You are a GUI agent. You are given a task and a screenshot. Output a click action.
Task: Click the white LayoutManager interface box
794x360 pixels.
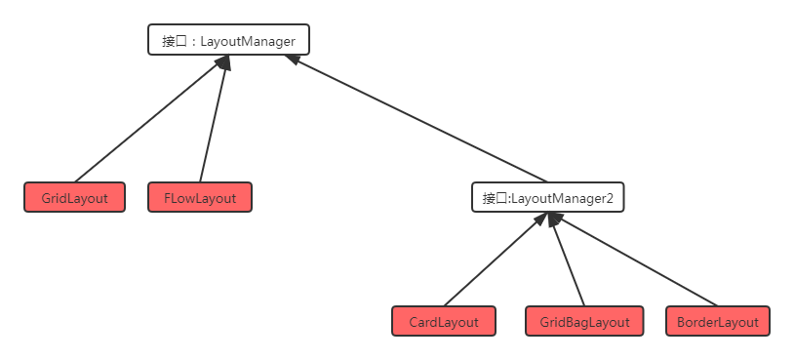pyautogui.click(x=229, y=40)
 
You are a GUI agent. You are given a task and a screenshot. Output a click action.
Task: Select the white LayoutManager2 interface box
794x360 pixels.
pyautogui.click(x=547, y=198)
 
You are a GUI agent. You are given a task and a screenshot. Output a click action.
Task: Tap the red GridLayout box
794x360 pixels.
pyautogui.click(x=75, y=198)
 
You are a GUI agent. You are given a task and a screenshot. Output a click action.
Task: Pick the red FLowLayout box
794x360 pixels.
pyautogui.click(x=201, y=198)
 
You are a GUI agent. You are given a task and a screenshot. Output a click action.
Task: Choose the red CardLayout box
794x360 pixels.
pyautogui.click(x=444, y=322)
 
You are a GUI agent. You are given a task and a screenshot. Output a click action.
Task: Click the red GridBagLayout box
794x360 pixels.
pyautogui.click(x=584, y=322)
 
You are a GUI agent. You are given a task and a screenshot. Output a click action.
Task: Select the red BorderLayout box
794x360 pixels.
pyautogui.click(x=718, y=322)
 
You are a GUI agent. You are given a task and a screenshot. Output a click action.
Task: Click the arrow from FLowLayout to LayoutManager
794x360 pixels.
pyautogui.click(x=213, y=122)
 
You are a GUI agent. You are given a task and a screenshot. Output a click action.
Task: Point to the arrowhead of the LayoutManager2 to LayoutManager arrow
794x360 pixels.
pyautogui.click(x=291, y=60)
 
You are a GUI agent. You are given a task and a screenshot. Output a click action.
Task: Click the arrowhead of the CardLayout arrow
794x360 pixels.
pyautogui.click(x=537, y=221)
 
